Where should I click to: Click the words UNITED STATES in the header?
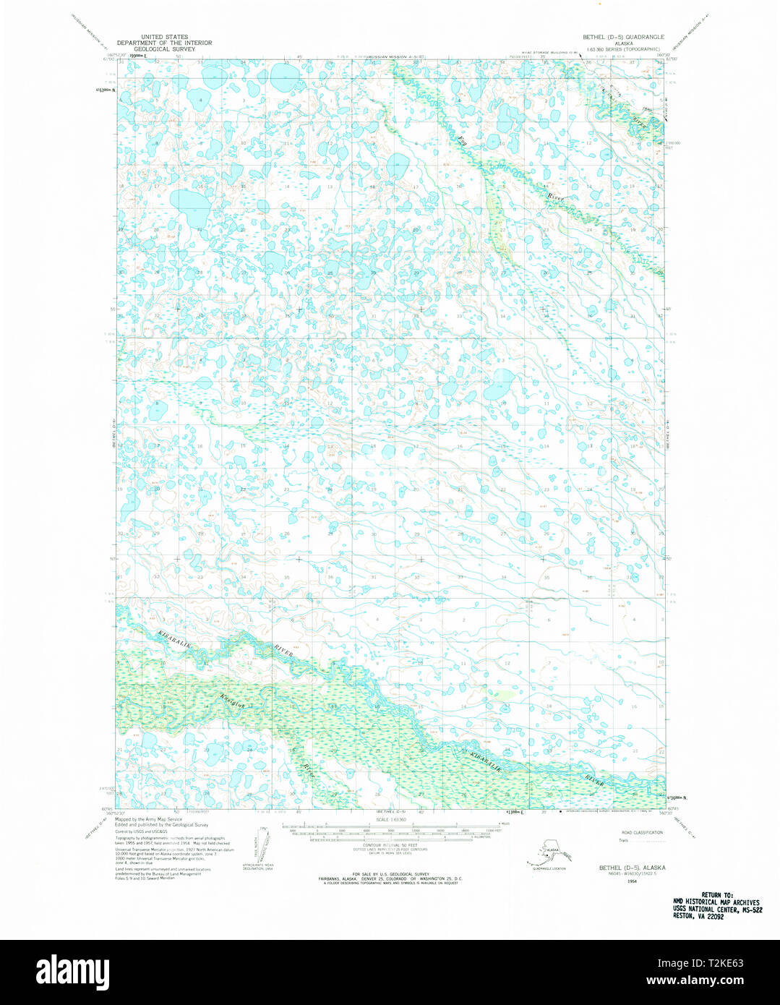pyautogui.click(x=165, y=36)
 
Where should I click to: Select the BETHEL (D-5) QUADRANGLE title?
pyautogui.click(x=624, y=36)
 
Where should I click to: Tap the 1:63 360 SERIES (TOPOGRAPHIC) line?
pyautogui.click(x=624, y=48)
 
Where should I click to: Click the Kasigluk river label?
pyautogui.click(x=229, y=701)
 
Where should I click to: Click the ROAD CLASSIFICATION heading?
pyautogui.click(x=641, y=833)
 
